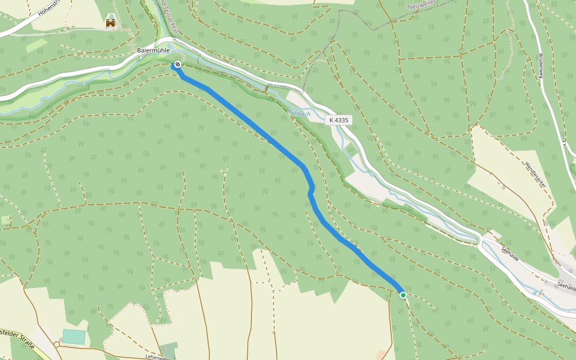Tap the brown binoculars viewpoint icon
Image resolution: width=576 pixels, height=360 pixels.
coord(110,23)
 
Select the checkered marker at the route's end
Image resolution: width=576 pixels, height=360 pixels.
coord(177,64)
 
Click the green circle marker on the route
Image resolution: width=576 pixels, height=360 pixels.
coord(403,295)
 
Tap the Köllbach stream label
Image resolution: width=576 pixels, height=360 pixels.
coord(299,112)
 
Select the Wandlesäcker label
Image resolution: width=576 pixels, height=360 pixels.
coord(535,175)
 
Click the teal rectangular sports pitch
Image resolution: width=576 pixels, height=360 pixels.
coord(74,336)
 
